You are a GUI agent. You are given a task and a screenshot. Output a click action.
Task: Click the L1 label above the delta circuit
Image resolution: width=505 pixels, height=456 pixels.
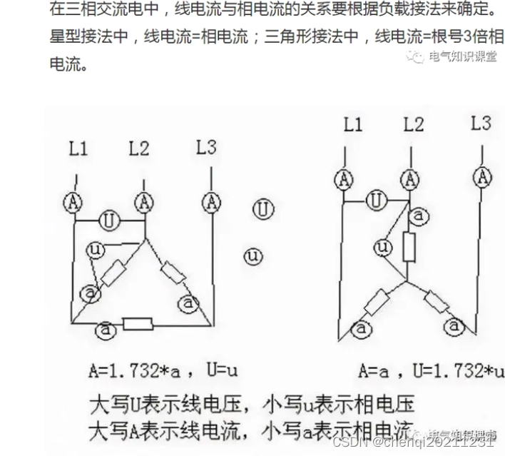point(78,150)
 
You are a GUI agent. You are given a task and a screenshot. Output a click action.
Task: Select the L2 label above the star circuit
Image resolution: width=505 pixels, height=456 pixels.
point(413,124)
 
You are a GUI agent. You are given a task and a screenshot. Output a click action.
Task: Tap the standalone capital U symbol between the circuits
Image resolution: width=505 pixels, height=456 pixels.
point(264,209)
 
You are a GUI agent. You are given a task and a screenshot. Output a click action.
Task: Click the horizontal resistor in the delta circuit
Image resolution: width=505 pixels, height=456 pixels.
point(138,325)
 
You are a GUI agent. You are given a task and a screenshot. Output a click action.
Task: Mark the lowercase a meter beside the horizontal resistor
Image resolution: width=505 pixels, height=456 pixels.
point(106,330)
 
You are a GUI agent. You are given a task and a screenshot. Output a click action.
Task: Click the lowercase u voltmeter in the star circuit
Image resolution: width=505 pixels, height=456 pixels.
point(384,248)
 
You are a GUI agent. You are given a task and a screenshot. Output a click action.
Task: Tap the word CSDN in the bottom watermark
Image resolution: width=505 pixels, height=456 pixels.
point(347,442)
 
